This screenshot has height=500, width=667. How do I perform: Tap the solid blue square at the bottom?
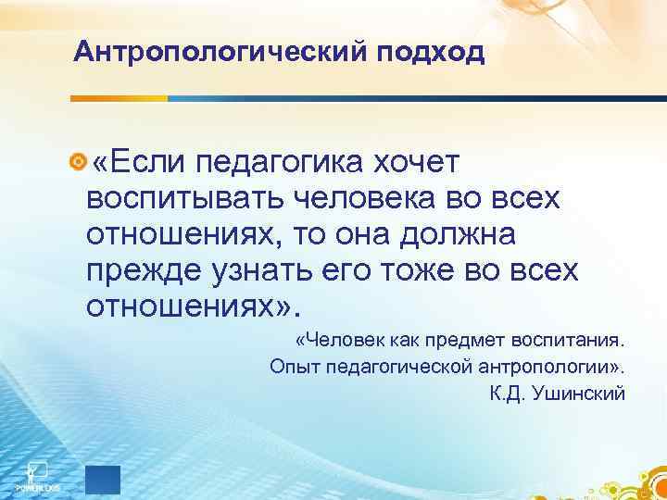pyautogui.click(x=103, y=481)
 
